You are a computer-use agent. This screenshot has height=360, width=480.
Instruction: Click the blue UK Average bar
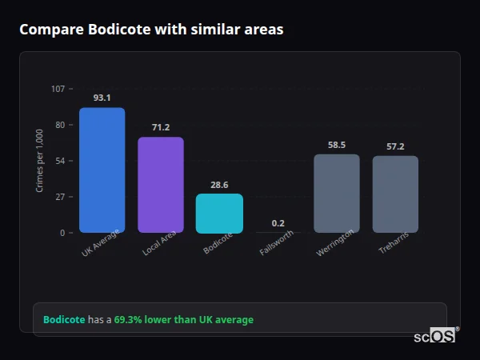tap(102, 170)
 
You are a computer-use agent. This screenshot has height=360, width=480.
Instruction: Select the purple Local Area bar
tap(161, 185)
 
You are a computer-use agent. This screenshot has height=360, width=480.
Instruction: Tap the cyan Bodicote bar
tap(219, 213)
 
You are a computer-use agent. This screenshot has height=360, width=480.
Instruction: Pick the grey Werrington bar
tap(337, 193)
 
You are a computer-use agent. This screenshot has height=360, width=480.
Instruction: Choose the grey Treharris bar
tap(395, 194)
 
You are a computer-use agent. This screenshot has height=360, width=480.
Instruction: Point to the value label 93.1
tap(102, 98)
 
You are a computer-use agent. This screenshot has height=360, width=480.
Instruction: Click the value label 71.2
tap(161, 127)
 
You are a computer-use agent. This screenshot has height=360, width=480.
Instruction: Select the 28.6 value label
tap(219, 184)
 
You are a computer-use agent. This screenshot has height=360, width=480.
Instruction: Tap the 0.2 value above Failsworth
tap(278, 223)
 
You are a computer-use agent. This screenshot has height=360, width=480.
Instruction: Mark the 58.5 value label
tap(337, 145)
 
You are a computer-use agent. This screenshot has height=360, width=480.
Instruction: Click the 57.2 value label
tap(395, 146)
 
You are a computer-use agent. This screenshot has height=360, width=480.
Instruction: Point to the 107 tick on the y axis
tap(58, 89)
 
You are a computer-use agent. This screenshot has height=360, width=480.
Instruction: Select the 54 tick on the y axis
tap(60, 161)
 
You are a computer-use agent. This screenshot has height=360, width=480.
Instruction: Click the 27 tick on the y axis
tap(60, 197)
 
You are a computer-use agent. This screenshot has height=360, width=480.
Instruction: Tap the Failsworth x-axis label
tap(277, 242)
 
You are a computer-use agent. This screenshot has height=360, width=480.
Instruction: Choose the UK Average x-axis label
tap(100, 243)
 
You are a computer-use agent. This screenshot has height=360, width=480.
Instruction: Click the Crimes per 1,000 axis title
tap(39, 161)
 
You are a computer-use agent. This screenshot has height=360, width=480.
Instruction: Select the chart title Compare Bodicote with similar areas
tap(151, 30)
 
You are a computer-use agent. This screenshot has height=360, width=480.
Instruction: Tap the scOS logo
tap(435, 336)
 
